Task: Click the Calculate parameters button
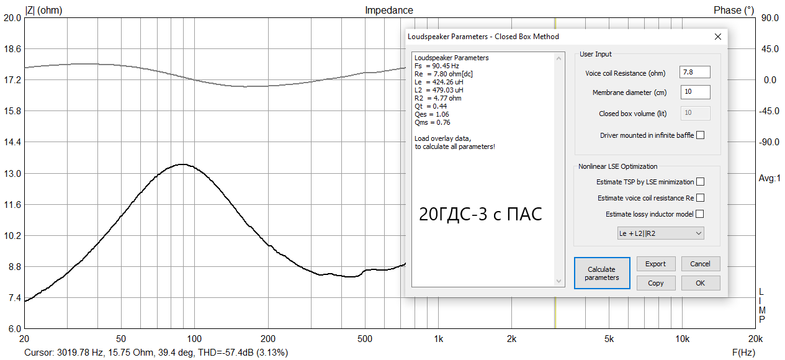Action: (601, 274)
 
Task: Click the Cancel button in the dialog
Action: (701, 264)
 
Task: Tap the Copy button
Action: (656, 283)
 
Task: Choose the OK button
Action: (701, 283)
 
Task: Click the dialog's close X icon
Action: (718, 37)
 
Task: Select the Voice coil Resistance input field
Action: (694, 73)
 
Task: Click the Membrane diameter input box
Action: (694, 92)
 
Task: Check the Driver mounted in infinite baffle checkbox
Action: (701, 135)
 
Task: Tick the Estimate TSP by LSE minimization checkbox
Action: (701, 182)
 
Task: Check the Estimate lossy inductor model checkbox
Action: (701, 214)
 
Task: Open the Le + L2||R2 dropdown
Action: (660, 233)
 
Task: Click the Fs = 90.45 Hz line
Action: (437, 66)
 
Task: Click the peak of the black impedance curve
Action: (182, 164)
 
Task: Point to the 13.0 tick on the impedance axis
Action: (12, 173)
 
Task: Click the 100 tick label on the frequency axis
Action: (194, 339)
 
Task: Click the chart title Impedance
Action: (388, 10)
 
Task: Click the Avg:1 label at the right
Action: (769, 179)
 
